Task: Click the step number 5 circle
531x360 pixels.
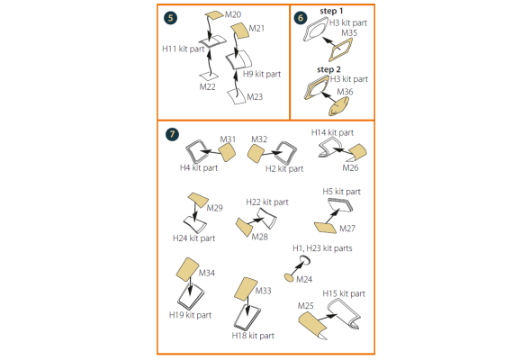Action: [170, 18]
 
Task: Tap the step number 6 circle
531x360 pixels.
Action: [301, 18]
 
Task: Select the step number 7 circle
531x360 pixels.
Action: [173, 134]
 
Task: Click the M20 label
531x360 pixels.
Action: [233, 14]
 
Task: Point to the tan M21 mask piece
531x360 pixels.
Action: [240, 31]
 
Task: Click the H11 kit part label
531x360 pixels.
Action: [184, 49]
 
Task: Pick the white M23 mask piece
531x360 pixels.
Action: [237, 96]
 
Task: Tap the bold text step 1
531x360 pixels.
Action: [331, 11]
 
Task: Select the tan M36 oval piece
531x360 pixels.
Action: [338, 107]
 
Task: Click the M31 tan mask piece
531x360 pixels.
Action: [227, 152]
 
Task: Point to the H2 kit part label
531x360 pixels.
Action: [284, 168]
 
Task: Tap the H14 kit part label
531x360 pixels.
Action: [332, 132]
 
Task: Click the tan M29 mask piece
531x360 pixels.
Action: [198, 200]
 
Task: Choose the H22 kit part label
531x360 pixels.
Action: [267, 202]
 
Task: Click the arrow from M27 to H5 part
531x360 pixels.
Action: [332, 216]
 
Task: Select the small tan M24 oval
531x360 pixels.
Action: [289, 278]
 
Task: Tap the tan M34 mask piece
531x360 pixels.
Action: [187, 270]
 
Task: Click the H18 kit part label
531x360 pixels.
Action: [253, 336]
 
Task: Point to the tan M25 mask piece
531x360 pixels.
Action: [312, 324]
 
